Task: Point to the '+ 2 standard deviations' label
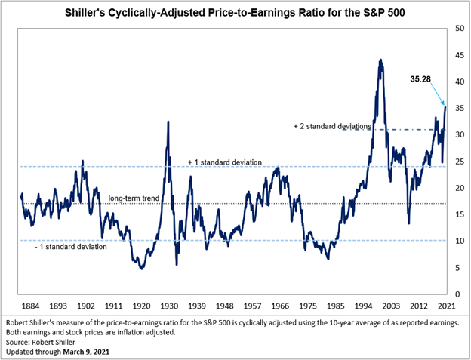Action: [x=331, y=127]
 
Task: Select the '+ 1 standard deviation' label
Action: [x=225, y=162]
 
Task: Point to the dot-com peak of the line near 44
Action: [x=380, y=60]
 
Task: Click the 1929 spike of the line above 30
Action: [x=168, y=122]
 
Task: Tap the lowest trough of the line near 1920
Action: [x=142, y=268]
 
